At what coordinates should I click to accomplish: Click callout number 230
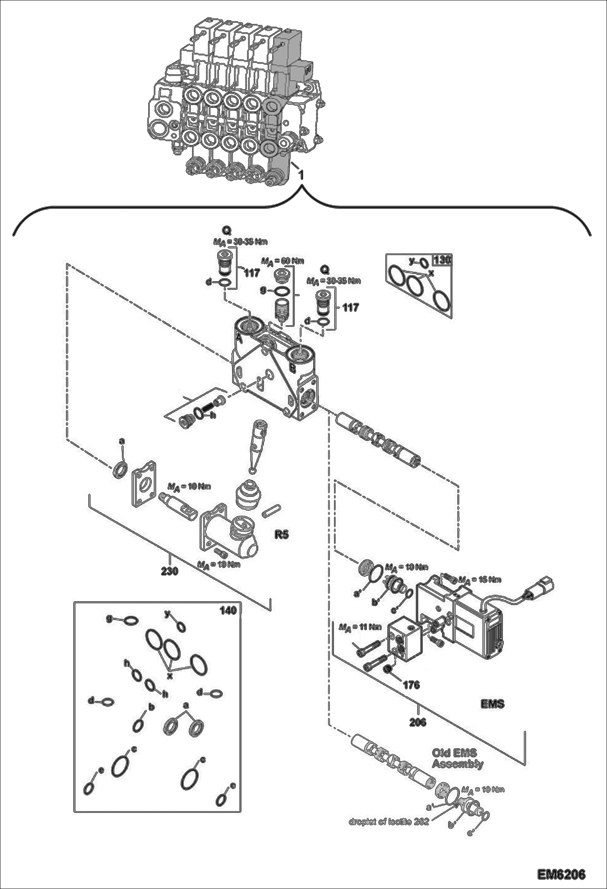pos(170,571)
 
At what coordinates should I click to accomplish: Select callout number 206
pos(417,722)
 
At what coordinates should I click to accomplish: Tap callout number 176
pos(411,685)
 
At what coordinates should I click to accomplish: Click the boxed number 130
pos(442,260)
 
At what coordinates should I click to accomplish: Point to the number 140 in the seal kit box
pos(228,610)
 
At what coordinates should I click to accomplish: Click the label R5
pos(282,534)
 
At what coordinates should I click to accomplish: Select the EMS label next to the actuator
pos(492,704)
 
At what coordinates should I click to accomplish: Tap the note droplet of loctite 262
pos(389,822)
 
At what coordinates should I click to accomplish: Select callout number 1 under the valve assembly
pos(301,174)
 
